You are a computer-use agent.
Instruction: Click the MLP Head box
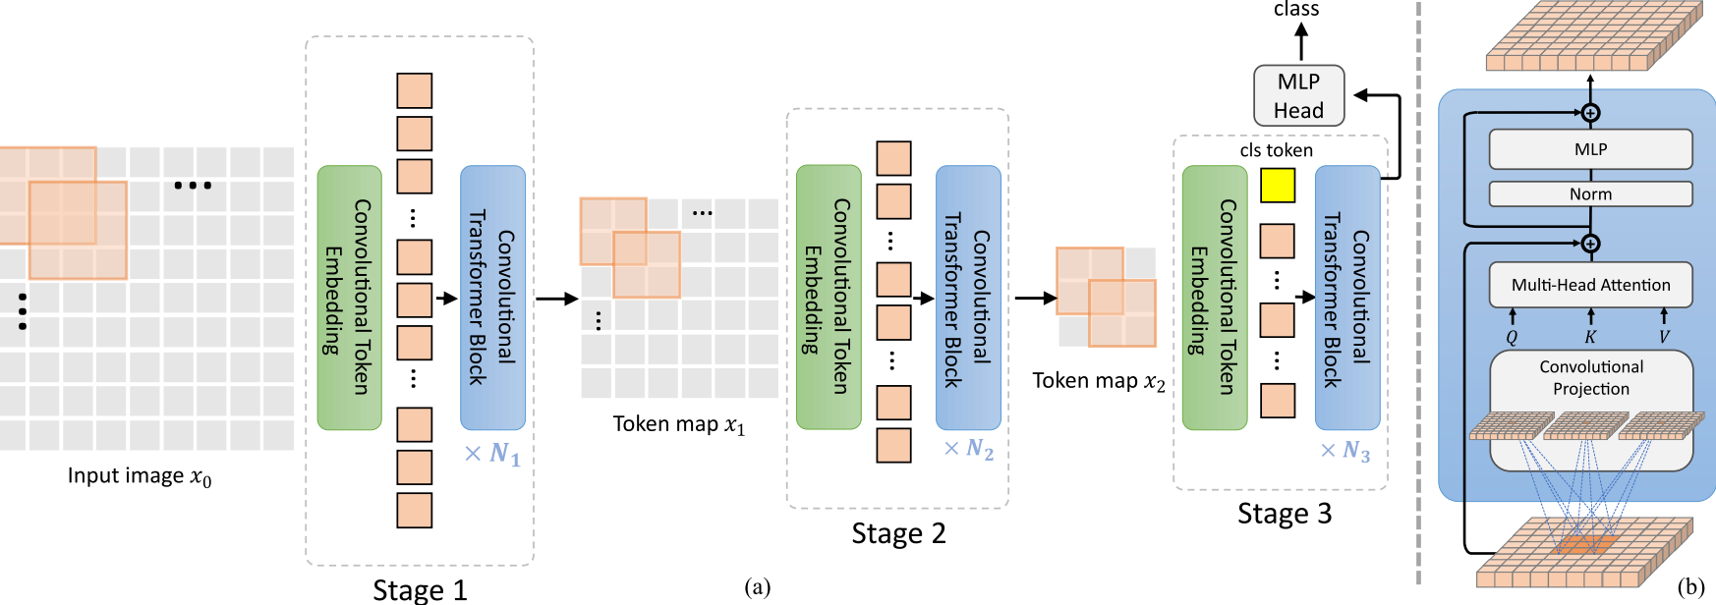tap(1298, 95)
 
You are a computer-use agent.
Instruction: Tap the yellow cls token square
tap(1277, 186)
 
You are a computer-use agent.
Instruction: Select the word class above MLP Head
tap(1295, 10)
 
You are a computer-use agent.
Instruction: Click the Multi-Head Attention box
tap(1590, 285)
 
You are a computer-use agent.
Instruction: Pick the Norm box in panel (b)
tap(1590, 193)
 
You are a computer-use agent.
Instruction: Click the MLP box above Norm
tap(1590, 149)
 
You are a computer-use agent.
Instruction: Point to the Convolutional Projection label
tap(1590, 378)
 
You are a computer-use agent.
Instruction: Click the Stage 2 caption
tap(898, 533)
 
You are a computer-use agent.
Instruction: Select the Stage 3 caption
tap(1284, 514)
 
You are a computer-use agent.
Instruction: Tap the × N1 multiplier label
tap(492, 454)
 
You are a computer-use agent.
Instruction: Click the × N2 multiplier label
tap(969, 449)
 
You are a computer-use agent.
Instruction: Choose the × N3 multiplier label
tap(1345, 451)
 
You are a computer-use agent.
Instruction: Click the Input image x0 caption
tap(140, 476)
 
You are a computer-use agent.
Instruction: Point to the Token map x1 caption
tap(679, 424)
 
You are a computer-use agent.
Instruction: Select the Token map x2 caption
tap(1098, 381)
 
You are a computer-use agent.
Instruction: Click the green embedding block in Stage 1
tap(349, 298)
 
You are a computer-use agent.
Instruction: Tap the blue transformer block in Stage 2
tap(968, 298)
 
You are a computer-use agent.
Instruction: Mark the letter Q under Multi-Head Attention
tap(1512, 337)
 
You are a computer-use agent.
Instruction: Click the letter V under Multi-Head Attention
tap(1664, 337)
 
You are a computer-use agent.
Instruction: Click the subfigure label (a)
tap(757, 587)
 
